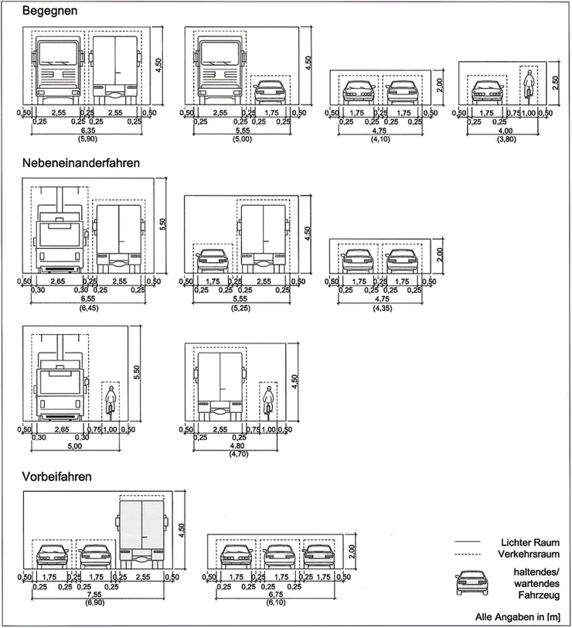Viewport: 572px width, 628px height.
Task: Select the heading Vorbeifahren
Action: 57,476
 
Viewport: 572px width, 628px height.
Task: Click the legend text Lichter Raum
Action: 529,543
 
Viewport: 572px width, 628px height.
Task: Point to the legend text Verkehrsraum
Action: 529,555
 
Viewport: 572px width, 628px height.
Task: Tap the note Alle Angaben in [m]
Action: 517,617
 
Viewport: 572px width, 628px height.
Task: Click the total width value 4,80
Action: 236,445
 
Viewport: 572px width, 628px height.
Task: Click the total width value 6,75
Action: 275,595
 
